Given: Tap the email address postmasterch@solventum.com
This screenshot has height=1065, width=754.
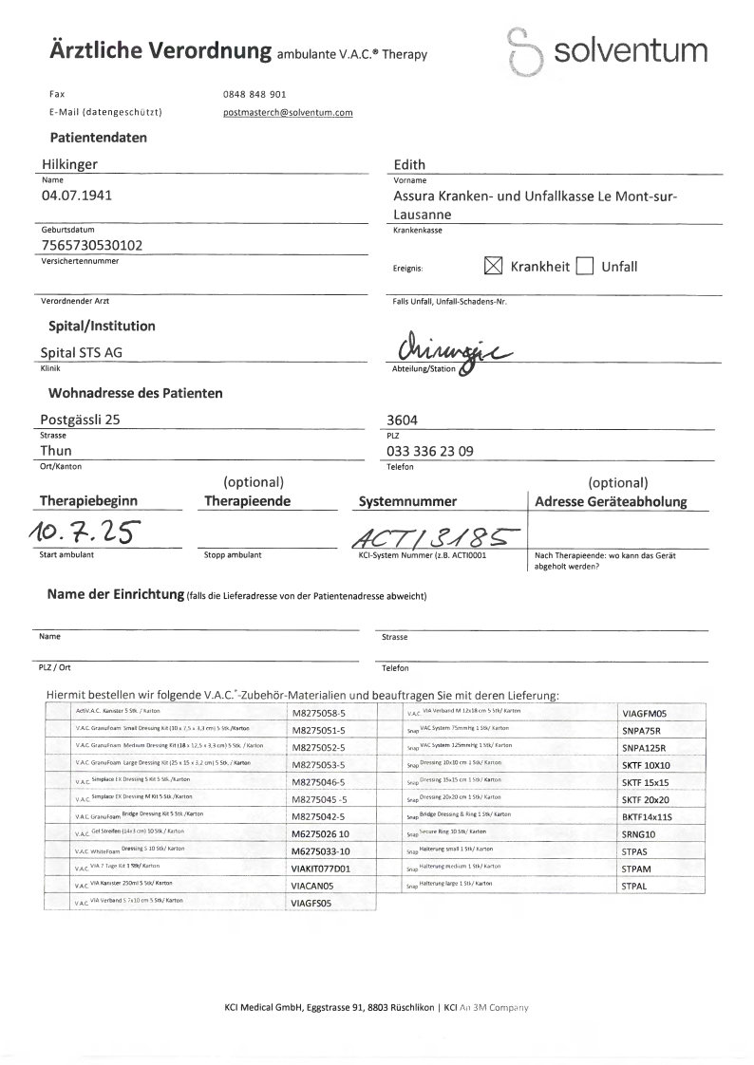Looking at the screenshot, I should pyautogui.click(x=287, y=112).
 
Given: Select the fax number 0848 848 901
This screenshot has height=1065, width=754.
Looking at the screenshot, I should pyautogui.click(x=254, y=95).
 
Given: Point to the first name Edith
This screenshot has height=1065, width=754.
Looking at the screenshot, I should pyautogui.click(x=408, y=164).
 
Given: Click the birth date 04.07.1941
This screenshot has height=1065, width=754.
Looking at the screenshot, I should pyautogui.click(x=81, y=196).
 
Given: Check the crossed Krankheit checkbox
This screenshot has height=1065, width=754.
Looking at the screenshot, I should pyautogui.click(x=493, y=267).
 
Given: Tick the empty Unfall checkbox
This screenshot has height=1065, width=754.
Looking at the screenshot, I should pyautogui.click(x=585, y=267).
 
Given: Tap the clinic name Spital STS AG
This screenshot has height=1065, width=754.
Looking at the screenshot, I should pyautogui.click(x=82, y=352).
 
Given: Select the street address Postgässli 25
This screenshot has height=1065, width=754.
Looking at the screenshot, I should pyautogui.click(x=81, y=419).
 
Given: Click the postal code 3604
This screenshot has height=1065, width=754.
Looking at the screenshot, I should pyautogui.click(x=404, y=419).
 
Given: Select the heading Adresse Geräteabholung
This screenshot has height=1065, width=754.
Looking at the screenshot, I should pyautogui.click(x=611, y=501).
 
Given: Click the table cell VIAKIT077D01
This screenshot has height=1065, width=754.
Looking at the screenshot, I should pyautogui.click(x=320, y=868).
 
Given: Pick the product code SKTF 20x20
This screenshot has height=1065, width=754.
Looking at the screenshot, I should pyautogui.click(x=646, y=799).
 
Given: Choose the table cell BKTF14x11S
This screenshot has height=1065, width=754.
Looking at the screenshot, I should pyautogui.click(x=646, y=816).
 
